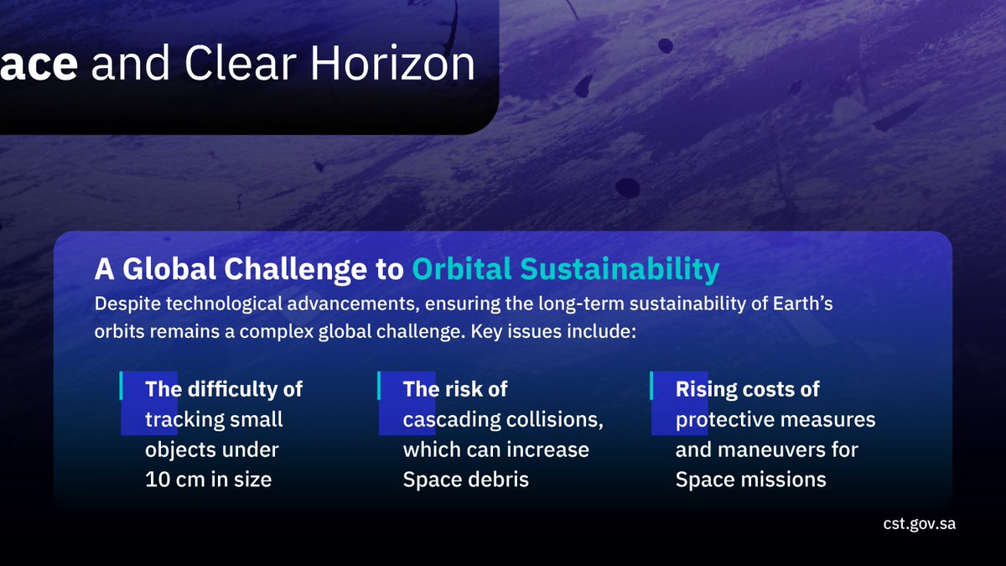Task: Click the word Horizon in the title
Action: (392, 63)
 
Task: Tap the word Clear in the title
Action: (241, 63)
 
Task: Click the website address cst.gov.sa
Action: (919, 524)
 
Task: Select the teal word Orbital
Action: (461, 268)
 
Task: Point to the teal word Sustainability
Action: (620, 269)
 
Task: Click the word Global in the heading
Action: (169, 268)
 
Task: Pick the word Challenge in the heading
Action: (295, 269)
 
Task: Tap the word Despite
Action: (127, 304)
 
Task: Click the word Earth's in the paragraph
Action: (802, 304)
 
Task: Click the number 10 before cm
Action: (157, 480)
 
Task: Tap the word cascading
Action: (451, 420)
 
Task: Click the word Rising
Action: (703, 389)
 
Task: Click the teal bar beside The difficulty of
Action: (121, 386)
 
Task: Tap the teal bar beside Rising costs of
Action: (651, 386)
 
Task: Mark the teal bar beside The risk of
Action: (379, 386)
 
